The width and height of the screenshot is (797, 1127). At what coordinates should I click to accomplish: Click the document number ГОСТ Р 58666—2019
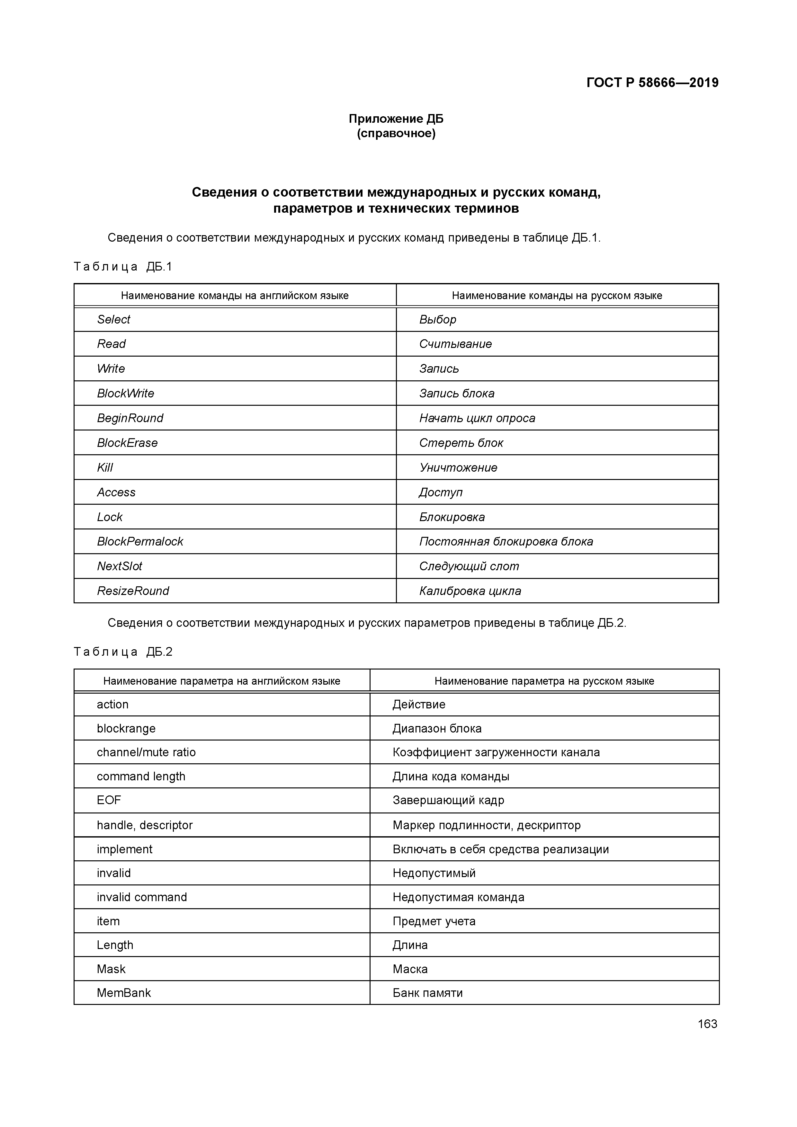(652, 83)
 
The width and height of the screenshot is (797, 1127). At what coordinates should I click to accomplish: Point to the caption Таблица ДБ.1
(123, 267)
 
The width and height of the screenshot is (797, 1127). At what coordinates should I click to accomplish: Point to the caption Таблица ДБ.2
(123, 652)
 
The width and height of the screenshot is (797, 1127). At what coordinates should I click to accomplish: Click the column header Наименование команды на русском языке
(557, 296)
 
